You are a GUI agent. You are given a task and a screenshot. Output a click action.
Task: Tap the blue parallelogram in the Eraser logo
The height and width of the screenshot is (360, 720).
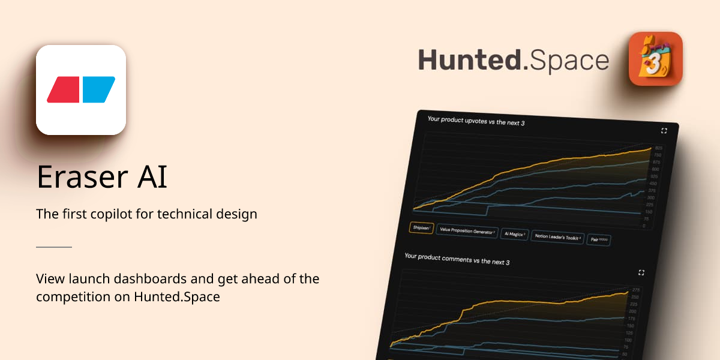pyautogui.click(x=98, y=89)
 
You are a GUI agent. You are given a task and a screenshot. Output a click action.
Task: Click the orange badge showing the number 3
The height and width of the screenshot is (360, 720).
pyautogui.click(x=655, y=59)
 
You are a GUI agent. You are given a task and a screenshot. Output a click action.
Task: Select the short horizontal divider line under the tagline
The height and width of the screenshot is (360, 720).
pyautogui.click(x=54, y=247)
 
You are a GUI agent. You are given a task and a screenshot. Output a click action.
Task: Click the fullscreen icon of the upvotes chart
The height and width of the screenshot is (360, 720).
pyautogui.click(x=664, y=131)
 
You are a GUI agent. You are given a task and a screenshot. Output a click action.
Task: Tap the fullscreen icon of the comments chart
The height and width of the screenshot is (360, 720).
pyautogui.click(x=641, y=272)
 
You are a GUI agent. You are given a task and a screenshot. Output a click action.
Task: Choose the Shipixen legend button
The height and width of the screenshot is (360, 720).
pyautogui.click(x=421, y=228)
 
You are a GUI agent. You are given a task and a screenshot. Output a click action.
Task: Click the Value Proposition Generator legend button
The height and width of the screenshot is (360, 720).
pyautogui.click(x=467, y=231)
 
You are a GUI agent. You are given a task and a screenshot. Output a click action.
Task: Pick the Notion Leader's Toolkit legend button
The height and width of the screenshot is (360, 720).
pyautogui.click(x=557, y=237)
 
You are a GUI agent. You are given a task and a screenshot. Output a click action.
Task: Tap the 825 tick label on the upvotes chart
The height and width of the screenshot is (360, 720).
pyautogui.click(x=658, y=148)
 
